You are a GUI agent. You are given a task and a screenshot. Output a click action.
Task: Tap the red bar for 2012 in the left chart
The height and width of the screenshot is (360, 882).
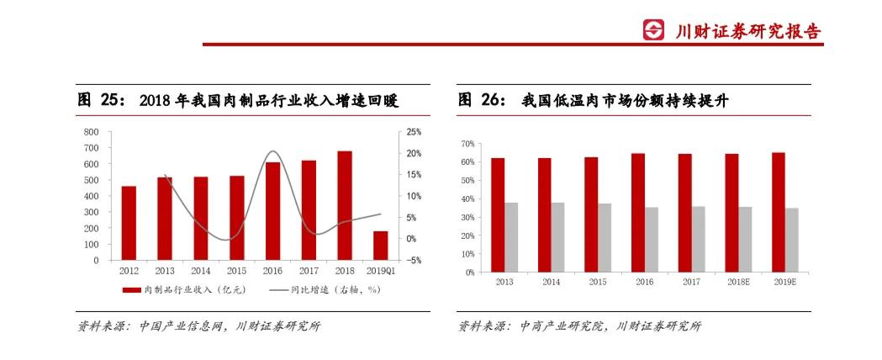click(x=129, y=223)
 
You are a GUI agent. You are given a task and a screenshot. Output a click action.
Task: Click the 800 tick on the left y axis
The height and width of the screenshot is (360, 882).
click(x=91, y=132)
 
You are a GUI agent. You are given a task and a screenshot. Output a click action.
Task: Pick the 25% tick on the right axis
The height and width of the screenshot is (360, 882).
click(x=414, y=132)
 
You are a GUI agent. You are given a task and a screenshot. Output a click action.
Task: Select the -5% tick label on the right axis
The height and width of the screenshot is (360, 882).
click(x=414, y=261)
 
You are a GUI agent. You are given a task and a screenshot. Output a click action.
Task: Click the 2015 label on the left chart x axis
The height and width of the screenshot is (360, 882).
click(x=236, y=271)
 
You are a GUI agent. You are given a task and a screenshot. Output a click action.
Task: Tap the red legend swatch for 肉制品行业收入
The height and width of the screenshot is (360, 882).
click(x=131, y=289)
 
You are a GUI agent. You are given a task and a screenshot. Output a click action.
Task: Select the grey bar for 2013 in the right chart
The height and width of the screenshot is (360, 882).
click(x=511, y=237)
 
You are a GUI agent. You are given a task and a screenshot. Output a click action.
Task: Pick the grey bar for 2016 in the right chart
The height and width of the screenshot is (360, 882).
click(x=652, y=240)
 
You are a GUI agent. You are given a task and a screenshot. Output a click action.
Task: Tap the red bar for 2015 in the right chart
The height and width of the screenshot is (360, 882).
click(x=591, y=214)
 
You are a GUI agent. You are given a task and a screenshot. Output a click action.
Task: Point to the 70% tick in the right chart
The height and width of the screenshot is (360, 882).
click(x=467, y=144)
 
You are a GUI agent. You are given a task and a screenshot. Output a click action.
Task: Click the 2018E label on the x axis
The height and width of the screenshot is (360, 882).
click(x=739, y=283)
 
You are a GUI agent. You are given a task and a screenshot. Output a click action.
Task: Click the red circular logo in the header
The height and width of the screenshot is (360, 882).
click(x=653, y=31)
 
